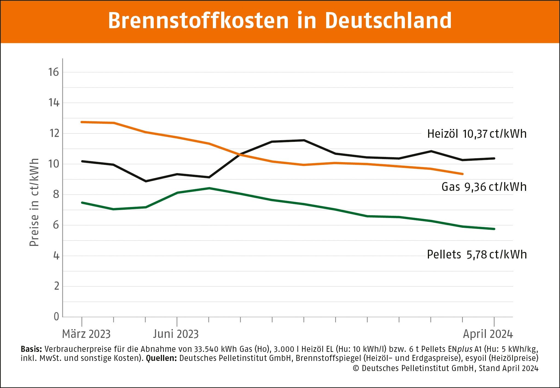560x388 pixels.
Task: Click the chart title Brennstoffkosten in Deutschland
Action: tap(280, 21)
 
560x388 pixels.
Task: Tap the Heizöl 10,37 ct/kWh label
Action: tap(477, 134)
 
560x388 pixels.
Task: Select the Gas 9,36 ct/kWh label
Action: tap(484, 187)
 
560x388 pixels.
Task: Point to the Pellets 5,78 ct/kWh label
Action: tap(477, 255)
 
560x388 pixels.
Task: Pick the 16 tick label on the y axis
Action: tap(54, 72)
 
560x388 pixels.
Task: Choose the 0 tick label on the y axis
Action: tap(56, 317)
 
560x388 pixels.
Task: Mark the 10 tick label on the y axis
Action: tap(54, 164)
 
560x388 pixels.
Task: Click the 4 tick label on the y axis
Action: tap(56, 256)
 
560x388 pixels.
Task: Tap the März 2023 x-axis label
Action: tap(86, 334)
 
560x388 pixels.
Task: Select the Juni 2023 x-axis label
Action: tap(176, 334)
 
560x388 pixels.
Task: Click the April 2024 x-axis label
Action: tap(488, 334)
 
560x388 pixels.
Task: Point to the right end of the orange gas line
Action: tap(462, 174)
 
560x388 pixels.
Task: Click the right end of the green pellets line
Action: tap(494, 229)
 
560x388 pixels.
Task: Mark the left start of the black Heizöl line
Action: tap(82, 161)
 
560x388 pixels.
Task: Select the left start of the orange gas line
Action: tap(82, 122)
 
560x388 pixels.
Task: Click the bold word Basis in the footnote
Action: tap(31, 349)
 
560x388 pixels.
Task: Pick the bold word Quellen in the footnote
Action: tap(161, 358)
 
